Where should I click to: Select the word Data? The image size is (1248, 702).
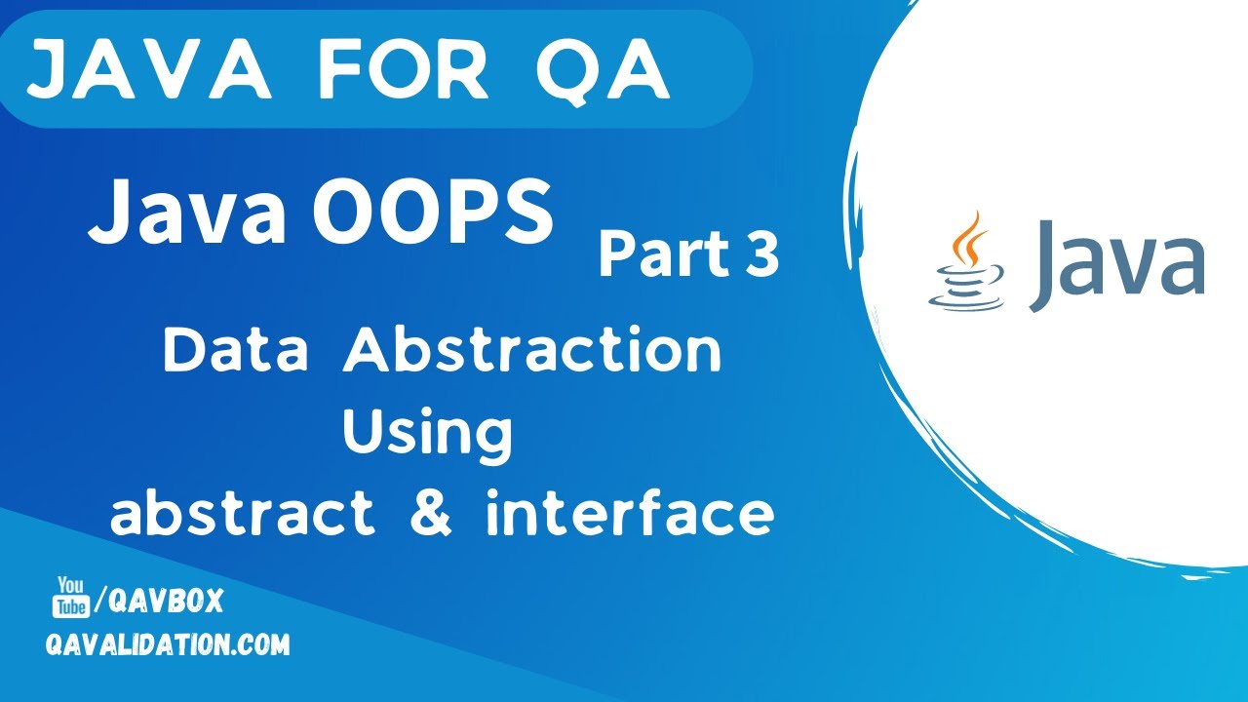pos(236,351)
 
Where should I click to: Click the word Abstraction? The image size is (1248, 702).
pos(532,351)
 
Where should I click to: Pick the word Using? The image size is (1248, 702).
pos(427,435)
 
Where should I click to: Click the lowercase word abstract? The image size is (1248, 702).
pos(242,514)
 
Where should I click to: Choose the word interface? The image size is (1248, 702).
pos(630,514)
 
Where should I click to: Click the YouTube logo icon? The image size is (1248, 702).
pos(70,597)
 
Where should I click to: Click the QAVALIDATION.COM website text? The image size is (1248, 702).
pos(168,644)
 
